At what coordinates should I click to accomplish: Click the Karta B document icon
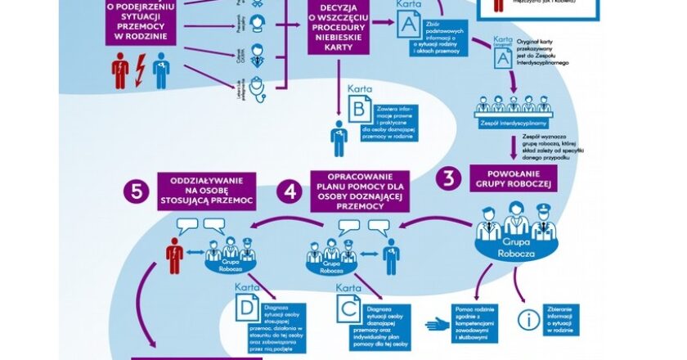[x=360, y=109]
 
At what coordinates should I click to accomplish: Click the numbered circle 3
[x=448, y=178]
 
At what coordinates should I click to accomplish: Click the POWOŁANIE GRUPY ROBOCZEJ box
[x=514, y=178]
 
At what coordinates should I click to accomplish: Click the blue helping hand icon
[x=437, y=324]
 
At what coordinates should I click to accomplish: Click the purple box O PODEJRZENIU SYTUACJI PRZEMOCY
[x=141, y=24]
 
